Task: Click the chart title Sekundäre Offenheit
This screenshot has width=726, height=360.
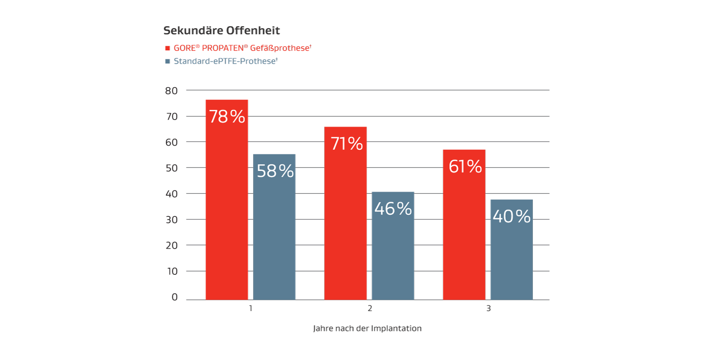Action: (221, 31)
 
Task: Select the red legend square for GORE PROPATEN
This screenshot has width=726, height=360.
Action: (167, 48)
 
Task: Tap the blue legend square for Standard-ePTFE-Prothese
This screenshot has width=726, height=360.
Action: (167, 62)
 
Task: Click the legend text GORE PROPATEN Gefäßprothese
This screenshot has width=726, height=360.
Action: (242, 48)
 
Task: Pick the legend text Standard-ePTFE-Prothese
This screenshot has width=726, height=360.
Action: (226, 62)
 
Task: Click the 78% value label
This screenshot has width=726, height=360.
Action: (227, 117)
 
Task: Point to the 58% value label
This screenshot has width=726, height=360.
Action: (275, 171)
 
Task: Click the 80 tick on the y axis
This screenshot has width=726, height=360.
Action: (171, 91)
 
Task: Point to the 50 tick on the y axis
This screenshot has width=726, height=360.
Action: (171, 168)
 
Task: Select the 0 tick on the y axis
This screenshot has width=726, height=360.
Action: (174, 297)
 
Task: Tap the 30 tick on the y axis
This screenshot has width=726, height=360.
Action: (171, 219)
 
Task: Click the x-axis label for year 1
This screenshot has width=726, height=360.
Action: (251, 308)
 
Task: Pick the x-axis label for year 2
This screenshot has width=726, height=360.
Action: (370, 308)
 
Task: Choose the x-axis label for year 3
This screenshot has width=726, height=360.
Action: (488, 308)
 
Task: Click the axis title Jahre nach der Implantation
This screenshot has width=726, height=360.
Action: (367, 329)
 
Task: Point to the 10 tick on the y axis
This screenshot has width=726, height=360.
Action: (171, 271)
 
